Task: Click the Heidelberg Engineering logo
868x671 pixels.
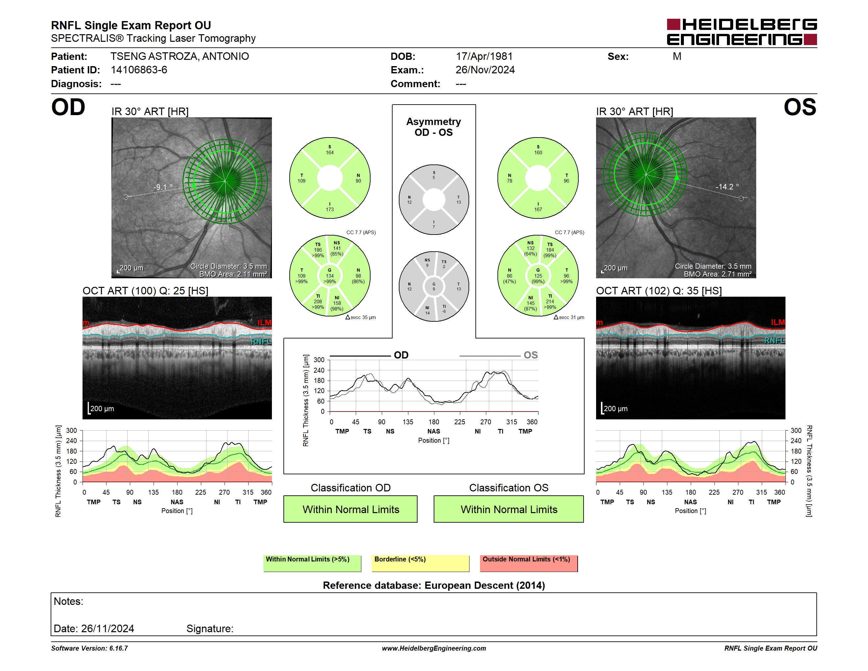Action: pos(742,32)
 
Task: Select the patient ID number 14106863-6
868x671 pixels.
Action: pos(139,70)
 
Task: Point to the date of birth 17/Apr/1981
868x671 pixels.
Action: pos(484,57)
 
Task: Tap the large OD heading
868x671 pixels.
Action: pos(68,107)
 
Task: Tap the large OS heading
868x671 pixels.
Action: pos(800,107)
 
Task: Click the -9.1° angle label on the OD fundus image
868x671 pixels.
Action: pos(163,187)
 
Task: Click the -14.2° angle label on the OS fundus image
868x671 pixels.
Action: pos(727,186)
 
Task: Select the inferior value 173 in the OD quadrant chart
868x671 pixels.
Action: pos(330,210)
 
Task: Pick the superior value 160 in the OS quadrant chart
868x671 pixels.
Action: pos(538,153)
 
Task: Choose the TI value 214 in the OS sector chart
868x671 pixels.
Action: pos(550,301)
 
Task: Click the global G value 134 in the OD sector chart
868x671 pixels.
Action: pos(330,276)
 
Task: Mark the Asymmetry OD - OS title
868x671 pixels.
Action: pos(434,127)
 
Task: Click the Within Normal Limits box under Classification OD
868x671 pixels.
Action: pos(350,509)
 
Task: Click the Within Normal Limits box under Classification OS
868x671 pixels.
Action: pos(509,509)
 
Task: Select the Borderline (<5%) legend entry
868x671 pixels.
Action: pos(421,563)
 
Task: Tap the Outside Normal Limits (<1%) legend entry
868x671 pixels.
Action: pos(529,563)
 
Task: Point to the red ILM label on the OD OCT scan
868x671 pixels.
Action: pos(264,322)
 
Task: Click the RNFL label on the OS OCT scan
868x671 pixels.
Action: pos(775,341)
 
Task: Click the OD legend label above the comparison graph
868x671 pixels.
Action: pos(401,355)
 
